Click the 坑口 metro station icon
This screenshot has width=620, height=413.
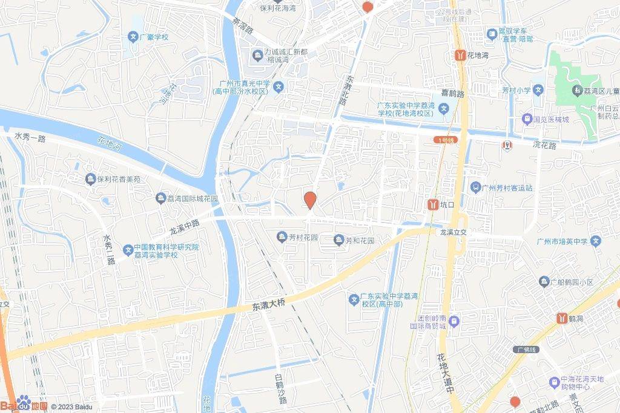coord(433,204)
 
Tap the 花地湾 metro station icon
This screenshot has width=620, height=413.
coord(460,55)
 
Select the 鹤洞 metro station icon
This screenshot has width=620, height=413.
coord(562,317)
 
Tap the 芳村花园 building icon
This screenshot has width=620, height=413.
coord(281,236)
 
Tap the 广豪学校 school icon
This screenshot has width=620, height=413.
coord(132,37)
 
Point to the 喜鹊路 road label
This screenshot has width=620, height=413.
coord(452,94)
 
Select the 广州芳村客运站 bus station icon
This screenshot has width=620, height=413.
coord(475,187)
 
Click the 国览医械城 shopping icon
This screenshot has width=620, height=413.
coord(527,119)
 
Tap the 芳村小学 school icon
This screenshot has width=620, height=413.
coord(539,90)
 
